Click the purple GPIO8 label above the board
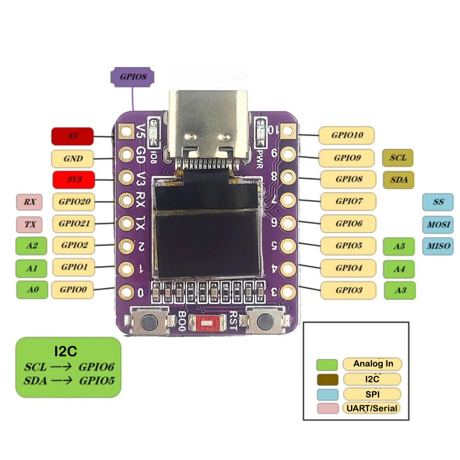click(133, 77)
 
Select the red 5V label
click(72, 136)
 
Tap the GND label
click(73, 159)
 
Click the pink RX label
click(29, 201)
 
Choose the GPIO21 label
click(74, 224)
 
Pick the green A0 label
click(32, 290)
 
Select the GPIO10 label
click(346, 135)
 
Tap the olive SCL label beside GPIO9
click(398, 157)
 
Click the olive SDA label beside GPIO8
click(398, 179)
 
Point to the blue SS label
click(438, 202)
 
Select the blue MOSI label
click(438, 225)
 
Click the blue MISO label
click(437, 246)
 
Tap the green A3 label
click(399, 290)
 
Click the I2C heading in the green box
click(65, 352)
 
